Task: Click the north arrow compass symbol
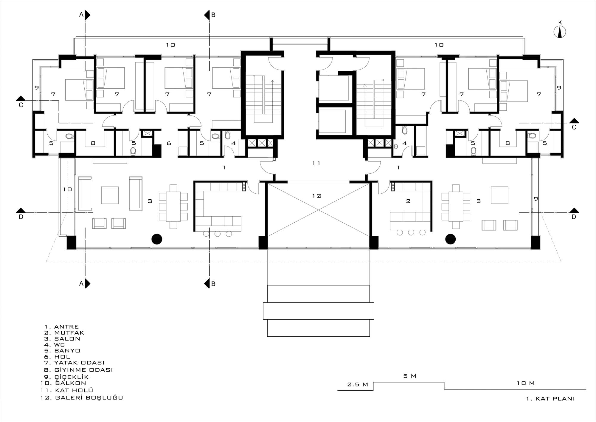(x=560, y=32)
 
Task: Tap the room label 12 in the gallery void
(x=317, y=196)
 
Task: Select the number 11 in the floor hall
(x=316, y=163)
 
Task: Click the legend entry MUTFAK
(x=69, y=333)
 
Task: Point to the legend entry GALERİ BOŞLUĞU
(x=89, y=398)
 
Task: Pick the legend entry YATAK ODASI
(x=79, y=363)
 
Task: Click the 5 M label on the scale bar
(x=410, y=376)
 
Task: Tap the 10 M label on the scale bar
(x=526, y=383)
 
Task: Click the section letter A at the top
(x=81, y=15)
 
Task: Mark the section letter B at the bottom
(x=213, y=284)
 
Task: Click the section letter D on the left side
(x=21, y=217)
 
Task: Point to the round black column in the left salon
(x=157, y=239)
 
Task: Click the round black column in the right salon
(x=451, y=239)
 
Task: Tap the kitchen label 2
(x=408, y=201)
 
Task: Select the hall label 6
(x=169, y=143)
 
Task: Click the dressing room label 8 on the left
(x=93, y=143)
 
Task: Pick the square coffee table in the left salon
(x=110, y=195)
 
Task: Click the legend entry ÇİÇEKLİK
(x=72, y=377)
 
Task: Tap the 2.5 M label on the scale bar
(x=358, y=384)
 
